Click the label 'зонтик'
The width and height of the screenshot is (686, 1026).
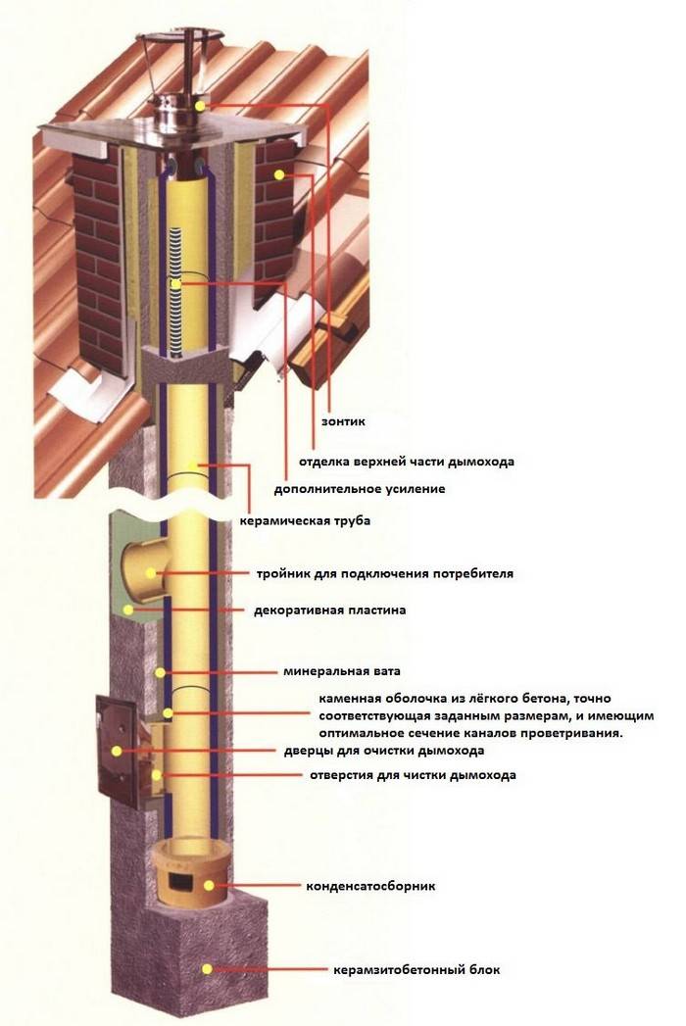click(x=343, y=421)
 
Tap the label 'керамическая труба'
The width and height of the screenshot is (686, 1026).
click(x=305, y=521)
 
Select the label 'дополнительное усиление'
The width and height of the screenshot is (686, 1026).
click(x=360, y=489)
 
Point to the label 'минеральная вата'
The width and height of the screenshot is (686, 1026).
click(x=342, y=671)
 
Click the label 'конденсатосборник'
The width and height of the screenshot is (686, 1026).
click(x=370, y=886)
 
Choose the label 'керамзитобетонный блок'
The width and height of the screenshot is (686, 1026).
click(x=416, y=969)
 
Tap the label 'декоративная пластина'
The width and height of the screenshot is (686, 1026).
click(x=330, y=610)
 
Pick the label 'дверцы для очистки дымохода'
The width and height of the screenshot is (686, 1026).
click(x=384, y=751)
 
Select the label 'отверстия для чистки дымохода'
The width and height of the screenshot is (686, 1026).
click(x=413, y=775)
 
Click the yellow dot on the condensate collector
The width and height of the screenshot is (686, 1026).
click(x=209, y=886)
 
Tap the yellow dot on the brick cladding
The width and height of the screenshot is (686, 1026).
click(x=279, y=174)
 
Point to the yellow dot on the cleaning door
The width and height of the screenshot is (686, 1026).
click(x=117, y=752)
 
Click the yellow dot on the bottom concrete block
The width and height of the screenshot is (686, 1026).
click(x=207, y=969)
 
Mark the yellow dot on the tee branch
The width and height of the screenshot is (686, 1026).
click(x=151, y=573)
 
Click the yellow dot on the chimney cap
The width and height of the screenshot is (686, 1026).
click(x=200, y=106)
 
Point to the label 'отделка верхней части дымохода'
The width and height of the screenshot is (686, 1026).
click(x=407, y=462)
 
